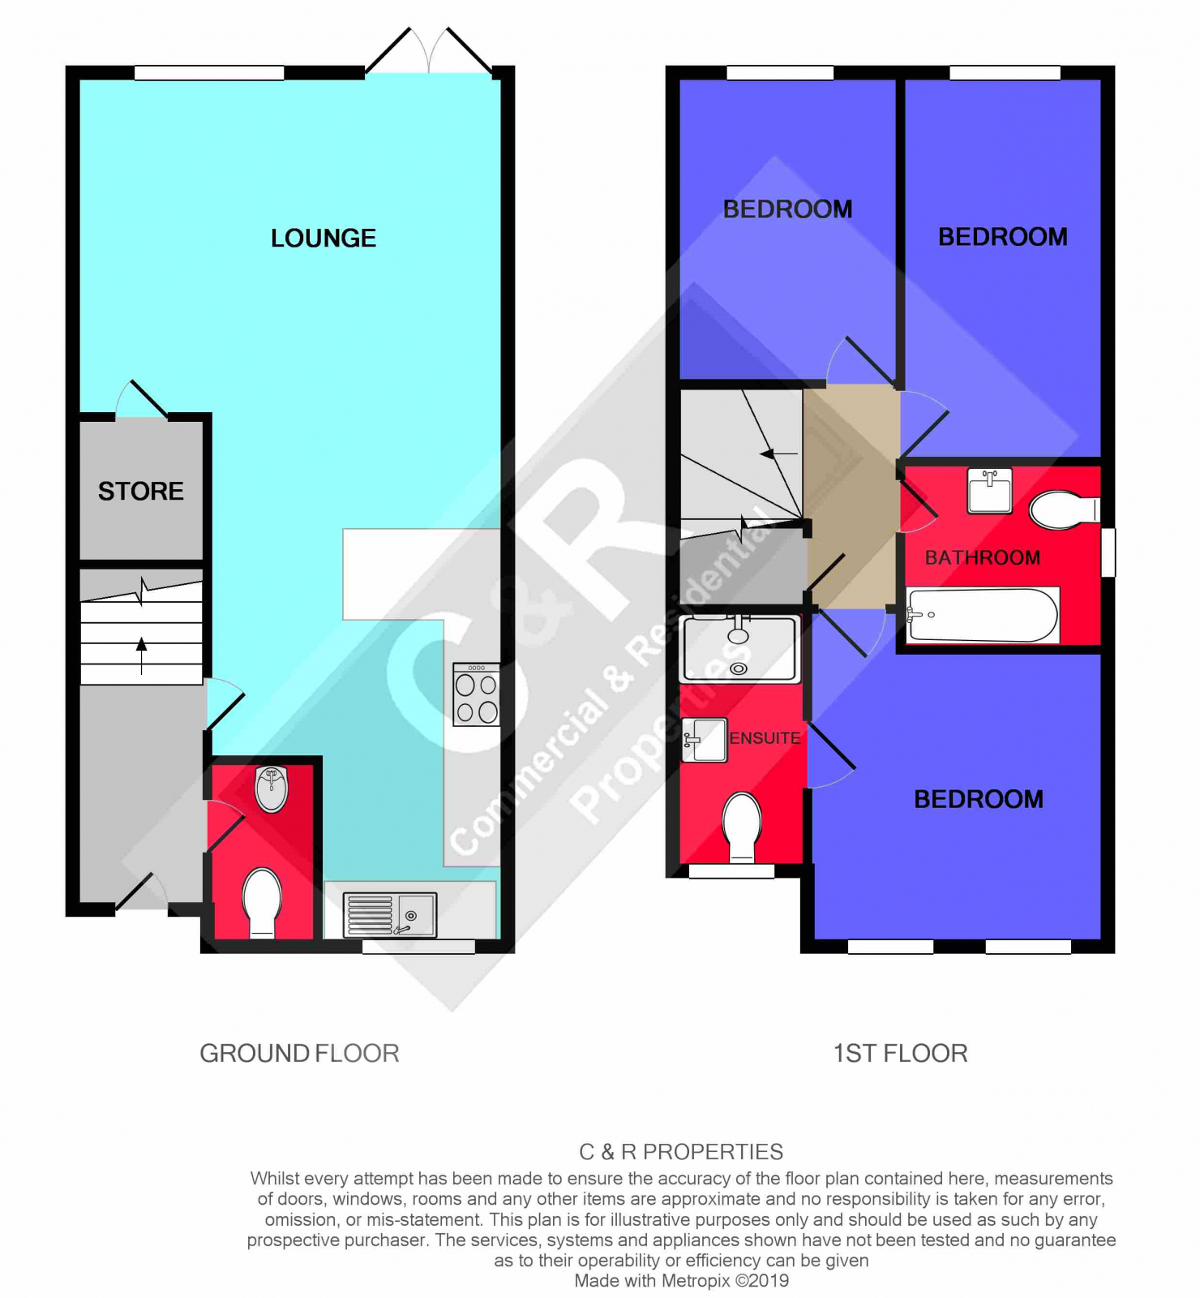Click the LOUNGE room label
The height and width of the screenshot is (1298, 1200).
(x=324, y=238)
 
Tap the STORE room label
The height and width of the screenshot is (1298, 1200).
(x=141, y=491)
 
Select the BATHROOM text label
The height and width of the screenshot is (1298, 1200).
(x=983, y=557)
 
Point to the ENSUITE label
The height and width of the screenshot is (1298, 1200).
(x=765, y=738)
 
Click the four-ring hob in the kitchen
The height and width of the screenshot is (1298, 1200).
(x=477, y=694)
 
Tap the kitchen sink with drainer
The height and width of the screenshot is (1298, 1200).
(x=390, y=914)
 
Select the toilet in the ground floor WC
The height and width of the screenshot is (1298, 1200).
(x=263, y=903)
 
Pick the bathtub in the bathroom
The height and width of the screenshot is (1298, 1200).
(x=983, y=615)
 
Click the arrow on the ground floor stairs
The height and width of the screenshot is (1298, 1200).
(x=142, y=655)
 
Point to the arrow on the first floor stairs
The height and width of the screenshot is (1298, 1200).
(x=779, y=453)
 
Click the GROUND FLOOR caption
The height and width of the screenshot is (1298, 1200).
(x=300, y=1053)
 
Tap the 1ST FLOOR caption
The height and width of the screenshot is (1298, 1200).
(x=901, y=1053)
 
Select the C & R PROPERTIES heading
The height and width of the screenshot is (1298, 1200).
(x=681, y=1152)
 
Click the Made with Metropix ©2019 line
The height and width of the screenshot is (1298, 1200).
(x=682, y=1281)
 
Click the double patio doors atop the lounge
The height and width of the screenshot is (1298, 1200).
(x=429, y=50)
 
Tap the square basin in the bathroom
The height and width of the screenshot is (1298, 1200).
(x=990, y=490)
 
